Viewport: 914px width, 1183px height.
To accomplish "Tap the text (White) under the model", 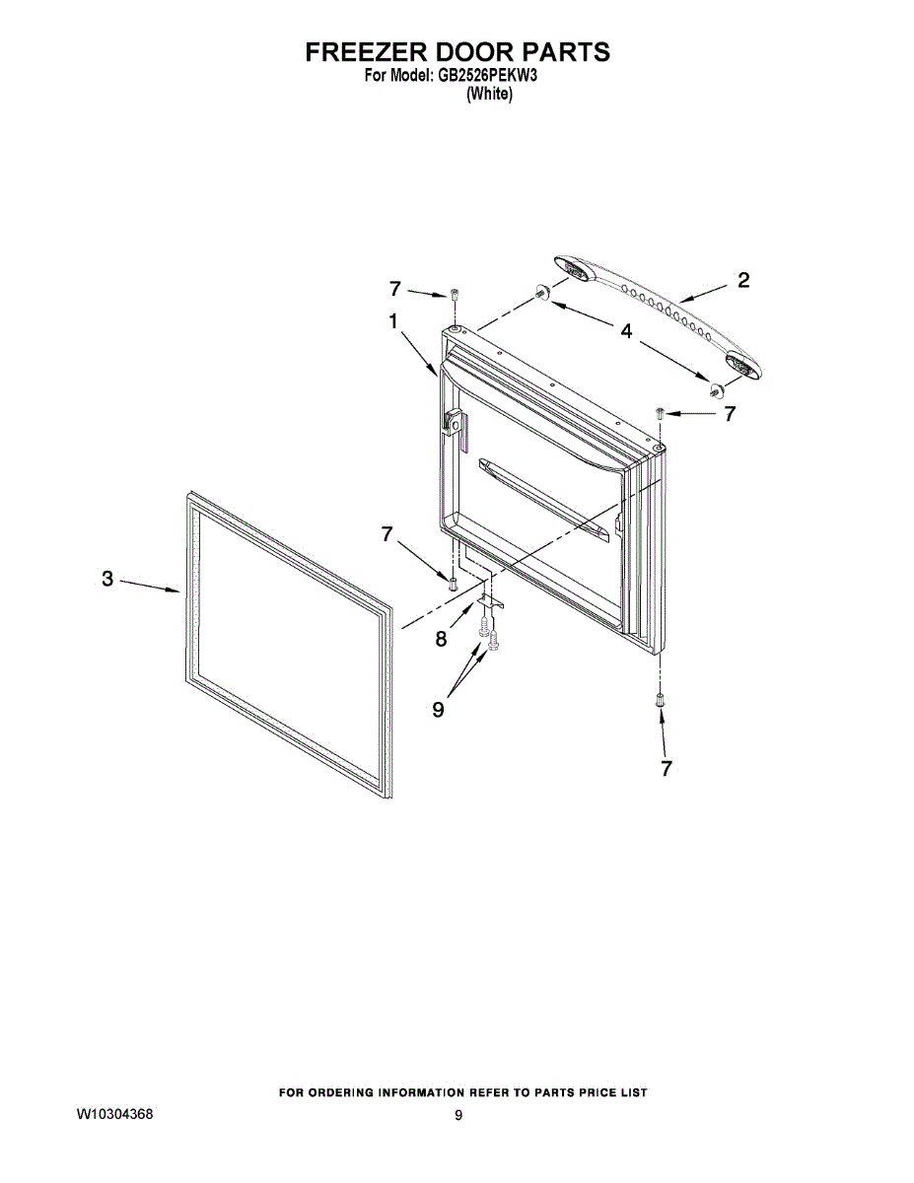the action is pyautogui.click(x=489, y=95).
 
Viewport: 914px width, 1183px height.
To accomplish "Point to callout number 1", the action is pyautogui.click(x=392, y=321).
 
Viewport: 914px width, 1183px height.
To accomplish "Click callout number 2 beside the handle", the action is pyautogui.click(x=742, y=281).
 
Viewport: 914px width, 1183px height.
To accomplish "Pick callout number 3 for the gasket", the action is pyautogui.click(x=107, y=579).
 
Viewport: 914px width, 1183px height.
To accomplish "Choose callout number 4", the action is pyautogui.click(x=626, y=332).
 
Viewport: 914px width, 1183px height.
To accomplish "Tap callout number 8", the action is pyautogui.click(x=441, y=639).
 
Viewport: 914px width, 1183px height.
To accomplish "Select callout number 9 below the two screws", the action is pyautogui.click(x=438, y=709).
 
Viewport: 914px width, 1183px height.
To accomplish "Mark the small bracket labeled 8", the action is pyautogui.click(x=489, y=599).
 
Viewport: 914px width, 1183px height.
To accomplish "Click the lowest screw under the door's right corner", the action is pyautogui.click(x=659, y=699).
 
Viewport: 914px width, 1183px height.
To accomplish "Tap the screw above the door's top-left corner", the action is pyautogui.click(x=455, y=296).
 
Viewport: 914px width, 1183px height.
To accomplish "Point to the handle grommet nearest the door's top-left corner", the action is pyautogui.click(x=541, y=291).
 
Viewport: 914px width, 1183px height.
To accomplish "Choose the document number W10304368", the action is pyautogui.click(x=114, y=1115).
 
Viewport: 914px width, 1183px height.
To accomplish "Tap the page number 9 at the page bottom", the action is pyautogui.click(x=457, y=1116).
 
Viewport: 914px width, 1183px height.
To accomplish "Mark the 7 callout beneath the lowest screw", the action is pyautogui.click(x=667, y=768).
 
